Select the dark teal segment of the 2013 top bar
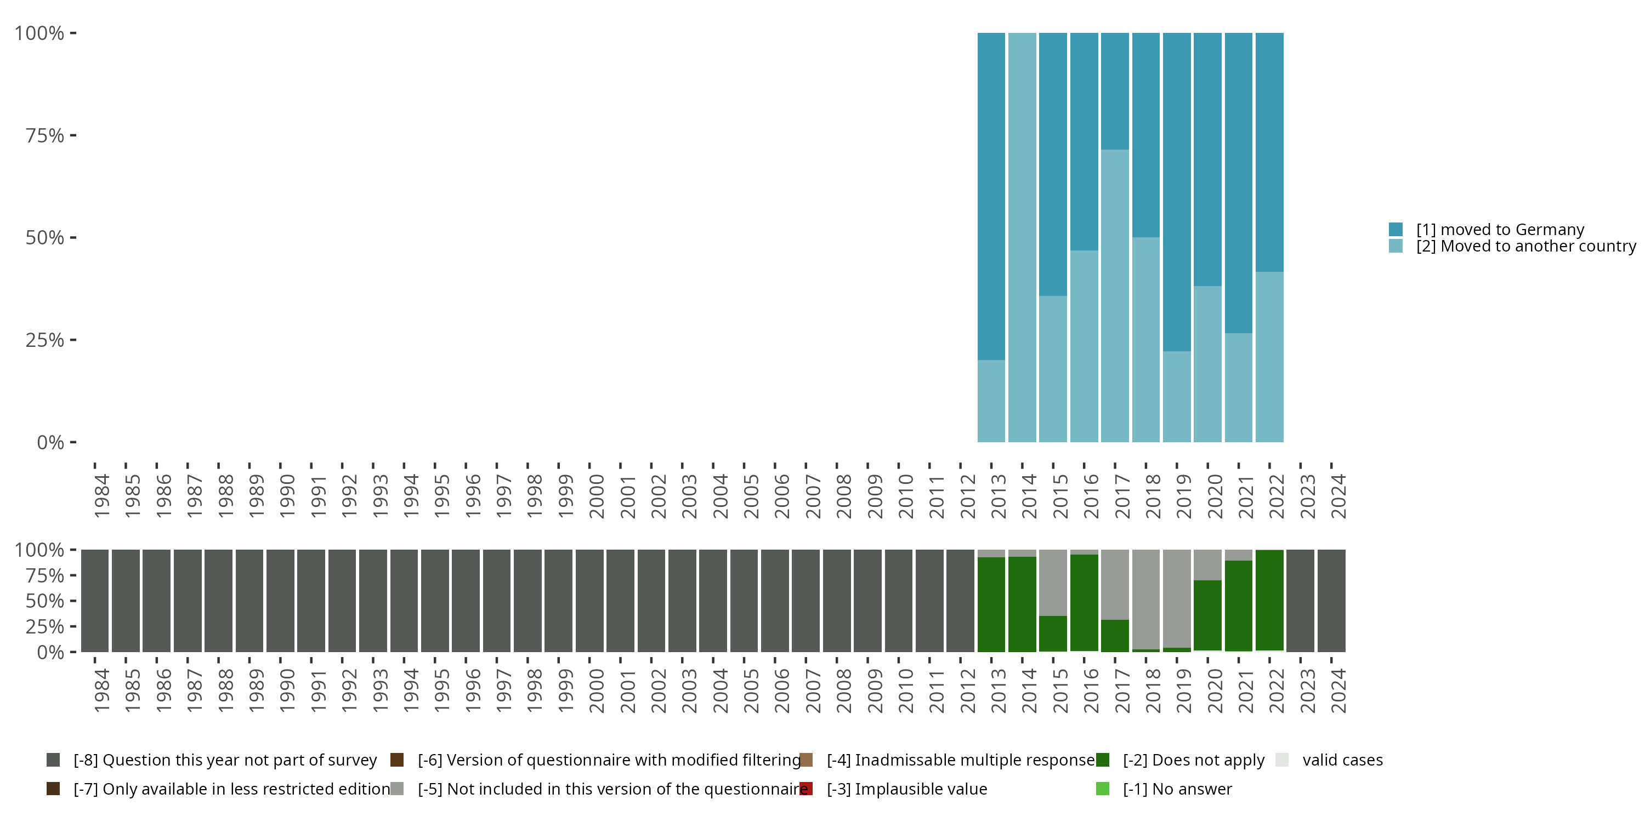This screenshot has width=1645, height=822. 991,196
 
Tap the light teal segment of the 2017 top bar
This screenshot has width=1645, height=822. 1114,295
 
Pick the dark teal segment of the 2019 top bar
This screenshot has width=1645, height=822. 1176,191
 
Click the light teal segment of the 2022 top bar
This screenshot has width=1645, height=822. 1269,357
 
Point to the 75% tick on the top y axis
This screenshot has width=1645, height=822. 73,135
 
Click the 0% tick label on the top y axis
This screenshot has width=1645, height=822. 50,442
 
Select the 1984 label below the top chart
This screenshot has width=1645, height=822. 101,496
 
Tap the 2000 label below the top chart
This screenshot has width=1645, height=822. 597,496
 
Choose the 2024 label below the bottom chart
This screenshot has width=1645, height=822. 1338,690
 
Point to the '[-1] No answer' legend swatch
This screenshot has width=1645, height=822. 1103,789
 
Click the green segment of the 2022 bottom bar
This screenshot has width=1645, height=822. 1269,600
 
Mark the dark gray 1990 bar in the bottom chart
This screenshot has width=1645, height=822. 280,601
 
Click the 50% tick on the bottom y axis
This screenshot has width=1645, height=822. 73,601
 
